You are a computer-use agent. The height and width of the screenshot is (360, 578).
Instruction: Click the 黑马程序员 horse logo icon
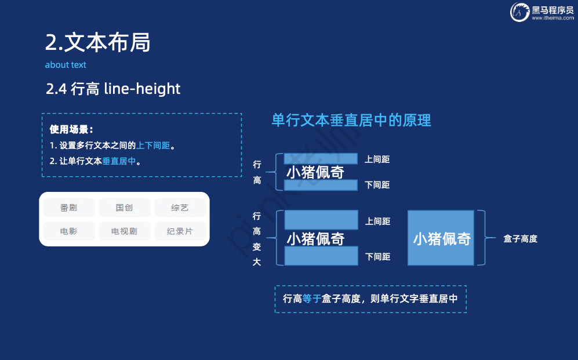[520, 12]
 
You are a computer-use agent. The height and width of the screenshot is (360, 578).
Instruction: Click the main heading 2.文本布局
[97, 42]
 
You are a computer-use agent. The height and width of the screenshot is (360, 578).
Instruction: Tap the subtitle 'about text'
[66, 65]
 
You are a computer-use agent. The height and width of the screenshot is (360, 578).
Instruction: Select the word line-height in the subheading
[142, 89]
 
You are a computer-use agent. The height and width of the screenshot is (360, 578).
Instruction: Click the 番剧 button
[69, 208]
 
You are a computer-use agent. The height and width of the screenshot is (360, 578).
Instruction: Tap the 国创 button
[124, 208]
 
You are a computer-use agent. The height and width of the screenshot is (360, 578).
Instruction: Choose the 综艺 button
[180, 208]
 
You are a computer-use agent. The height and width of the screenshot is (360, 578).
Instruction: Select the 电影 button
[69, 231]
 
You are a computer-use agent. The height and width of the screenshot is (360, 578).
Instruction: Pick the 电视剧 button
[124, 231]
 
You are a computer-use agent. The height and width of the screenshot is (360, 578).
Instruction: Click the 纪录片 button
[180, 231]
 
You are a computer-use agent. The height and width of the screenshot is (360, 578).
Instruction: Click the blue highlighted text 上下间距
[153, 146]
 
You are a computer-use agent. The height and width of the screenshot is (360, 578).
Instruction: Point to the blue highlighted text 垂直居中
[119, 161]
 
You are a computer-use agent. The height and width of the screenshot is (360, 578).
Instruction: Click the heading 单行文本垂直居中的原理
[351, 121]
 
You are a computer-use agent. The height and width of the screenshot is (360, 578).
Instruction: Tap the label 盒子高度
[520, 239]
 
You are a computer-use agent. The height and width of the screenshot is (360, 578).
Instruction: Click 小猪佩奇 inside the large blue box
[442, 239]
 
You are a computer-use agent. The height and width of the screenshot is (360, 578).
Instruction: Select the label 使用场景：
[71, 129]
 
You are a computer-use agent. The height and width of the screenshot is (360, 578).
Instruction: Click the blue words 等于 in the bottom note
[311, 299]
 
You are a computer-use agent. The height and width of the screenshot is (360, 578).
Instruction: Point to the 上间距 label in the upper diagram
[377, 159]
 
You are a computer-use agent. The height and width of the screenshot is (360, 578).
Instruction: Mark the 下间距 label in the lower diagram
[377, 256]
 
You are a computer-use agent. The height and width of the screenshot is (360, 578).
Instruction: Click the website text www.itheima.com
[552, 18]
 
